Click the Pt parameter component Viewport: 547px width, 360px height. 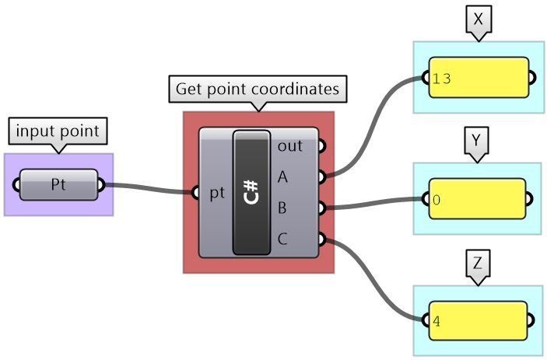click(x=58, y=185)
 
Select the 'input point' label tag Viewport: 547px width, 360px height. click(x=58, y=131)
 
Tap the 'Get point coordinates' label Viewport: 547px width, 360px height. click(x=258, y=89)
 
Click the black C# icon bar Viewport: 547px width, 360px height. click(x=251, y=192)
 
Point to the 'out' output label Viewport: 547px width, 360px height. click(x=289, y=145)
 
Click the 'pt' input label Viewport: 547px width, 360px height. click(x=217, y=193)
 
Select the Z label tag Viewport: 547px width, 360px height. click(x=477, y=265)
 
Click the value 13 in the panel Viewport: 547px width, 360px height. click(x=441, y=78)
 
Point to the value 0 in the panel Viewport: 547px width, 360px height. click(x=437, y=200)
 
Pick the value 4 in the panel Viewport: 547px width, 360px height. click(x=437, y=320)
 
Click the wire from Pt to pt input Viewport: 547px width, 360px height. click(x=152, y=188)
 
